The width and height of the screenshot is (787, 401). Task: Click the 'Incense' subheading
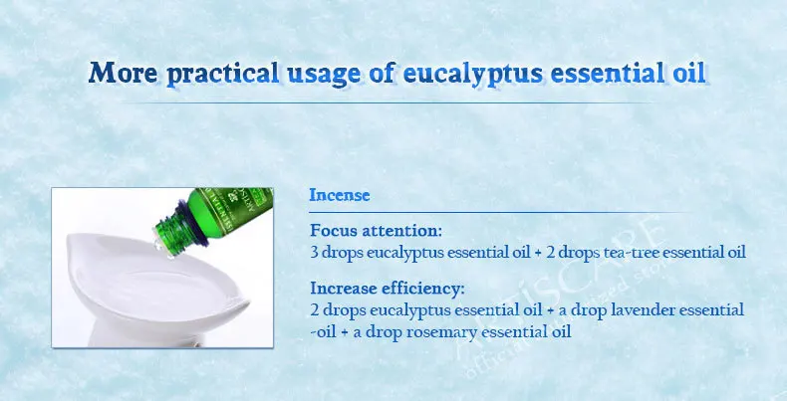(x=339, y=195)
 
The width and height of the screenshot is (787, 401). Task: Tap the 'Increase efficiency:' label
(x=387, y=289)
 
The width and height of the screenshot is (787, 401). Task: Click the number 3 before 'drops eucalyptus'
(x=315, y=251)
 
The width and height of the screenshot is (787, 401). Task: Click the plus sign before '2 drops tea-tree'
(x=538, y=251)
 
